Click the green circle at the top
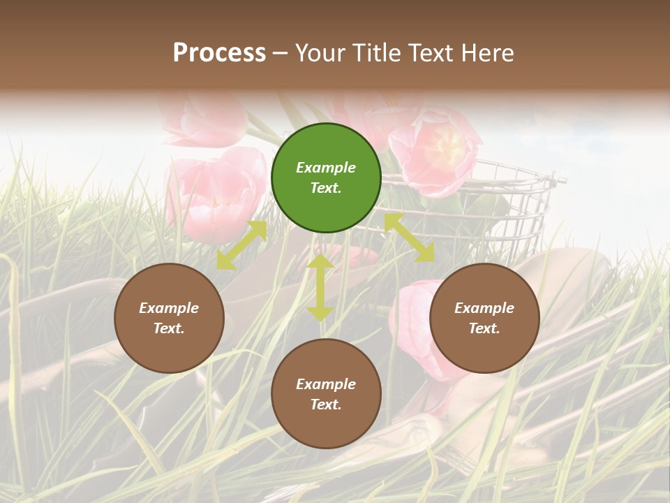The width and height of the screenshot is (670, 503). coord(326,177)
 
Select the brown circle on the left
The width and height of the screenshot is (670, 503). coord(169,318)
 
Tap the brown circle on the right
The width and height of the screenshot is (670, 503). coord(484,318)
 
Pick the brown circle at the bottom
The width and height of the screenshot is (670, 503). coord(326,394)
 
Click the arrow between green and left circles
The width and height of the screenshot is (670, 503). coord(241,245)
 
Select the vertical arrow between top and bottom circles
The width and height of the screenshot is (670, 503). coord(320,288)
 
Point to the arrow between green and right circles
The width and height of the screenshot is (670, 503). coord(410,238)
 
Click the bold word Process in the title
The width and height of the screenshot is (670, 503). coord(219,53)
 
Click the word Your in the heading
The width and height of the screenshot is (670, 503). coord(318,53)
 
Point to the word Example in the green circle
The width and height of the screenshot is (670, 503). coord(326,168)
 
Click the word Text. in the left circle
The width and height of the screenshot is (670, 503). coord(169,328)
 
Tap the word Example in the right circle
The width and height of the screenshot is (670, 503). coord(484,308)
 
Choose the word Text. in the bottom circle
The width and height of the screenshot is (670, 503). coord(326,404)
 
